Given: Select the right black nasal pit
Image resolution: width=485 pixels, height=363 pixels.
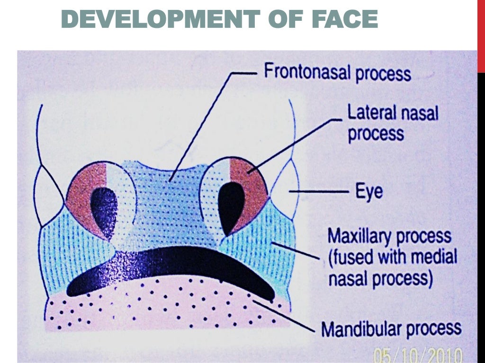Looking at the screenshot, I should point(233,205).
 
